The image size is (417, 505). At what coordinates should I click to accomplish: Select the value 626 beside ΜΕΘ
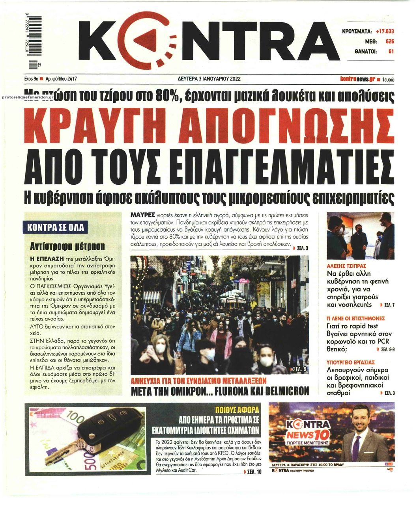tap(389, 41)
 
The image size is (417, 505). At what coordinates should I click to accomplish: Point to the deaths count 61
tap(391, 51)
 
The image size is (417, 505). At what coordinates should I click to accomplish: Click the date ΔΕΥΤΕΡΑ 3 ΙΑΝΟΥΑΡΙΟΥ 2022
tap(209, 79)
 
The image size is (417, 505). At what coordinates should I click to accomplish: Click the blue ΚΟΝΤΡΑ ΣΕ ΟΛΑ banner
tap(56, 227)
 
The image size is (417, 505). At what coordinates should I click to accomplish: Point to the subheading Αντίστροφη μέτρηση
tap(67, 246)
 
